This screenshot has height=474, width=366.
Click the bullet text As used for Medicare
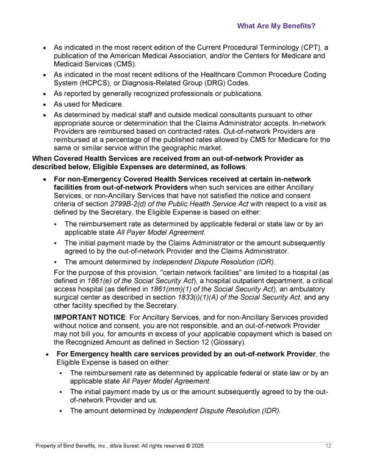click(x=88, y=104)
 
